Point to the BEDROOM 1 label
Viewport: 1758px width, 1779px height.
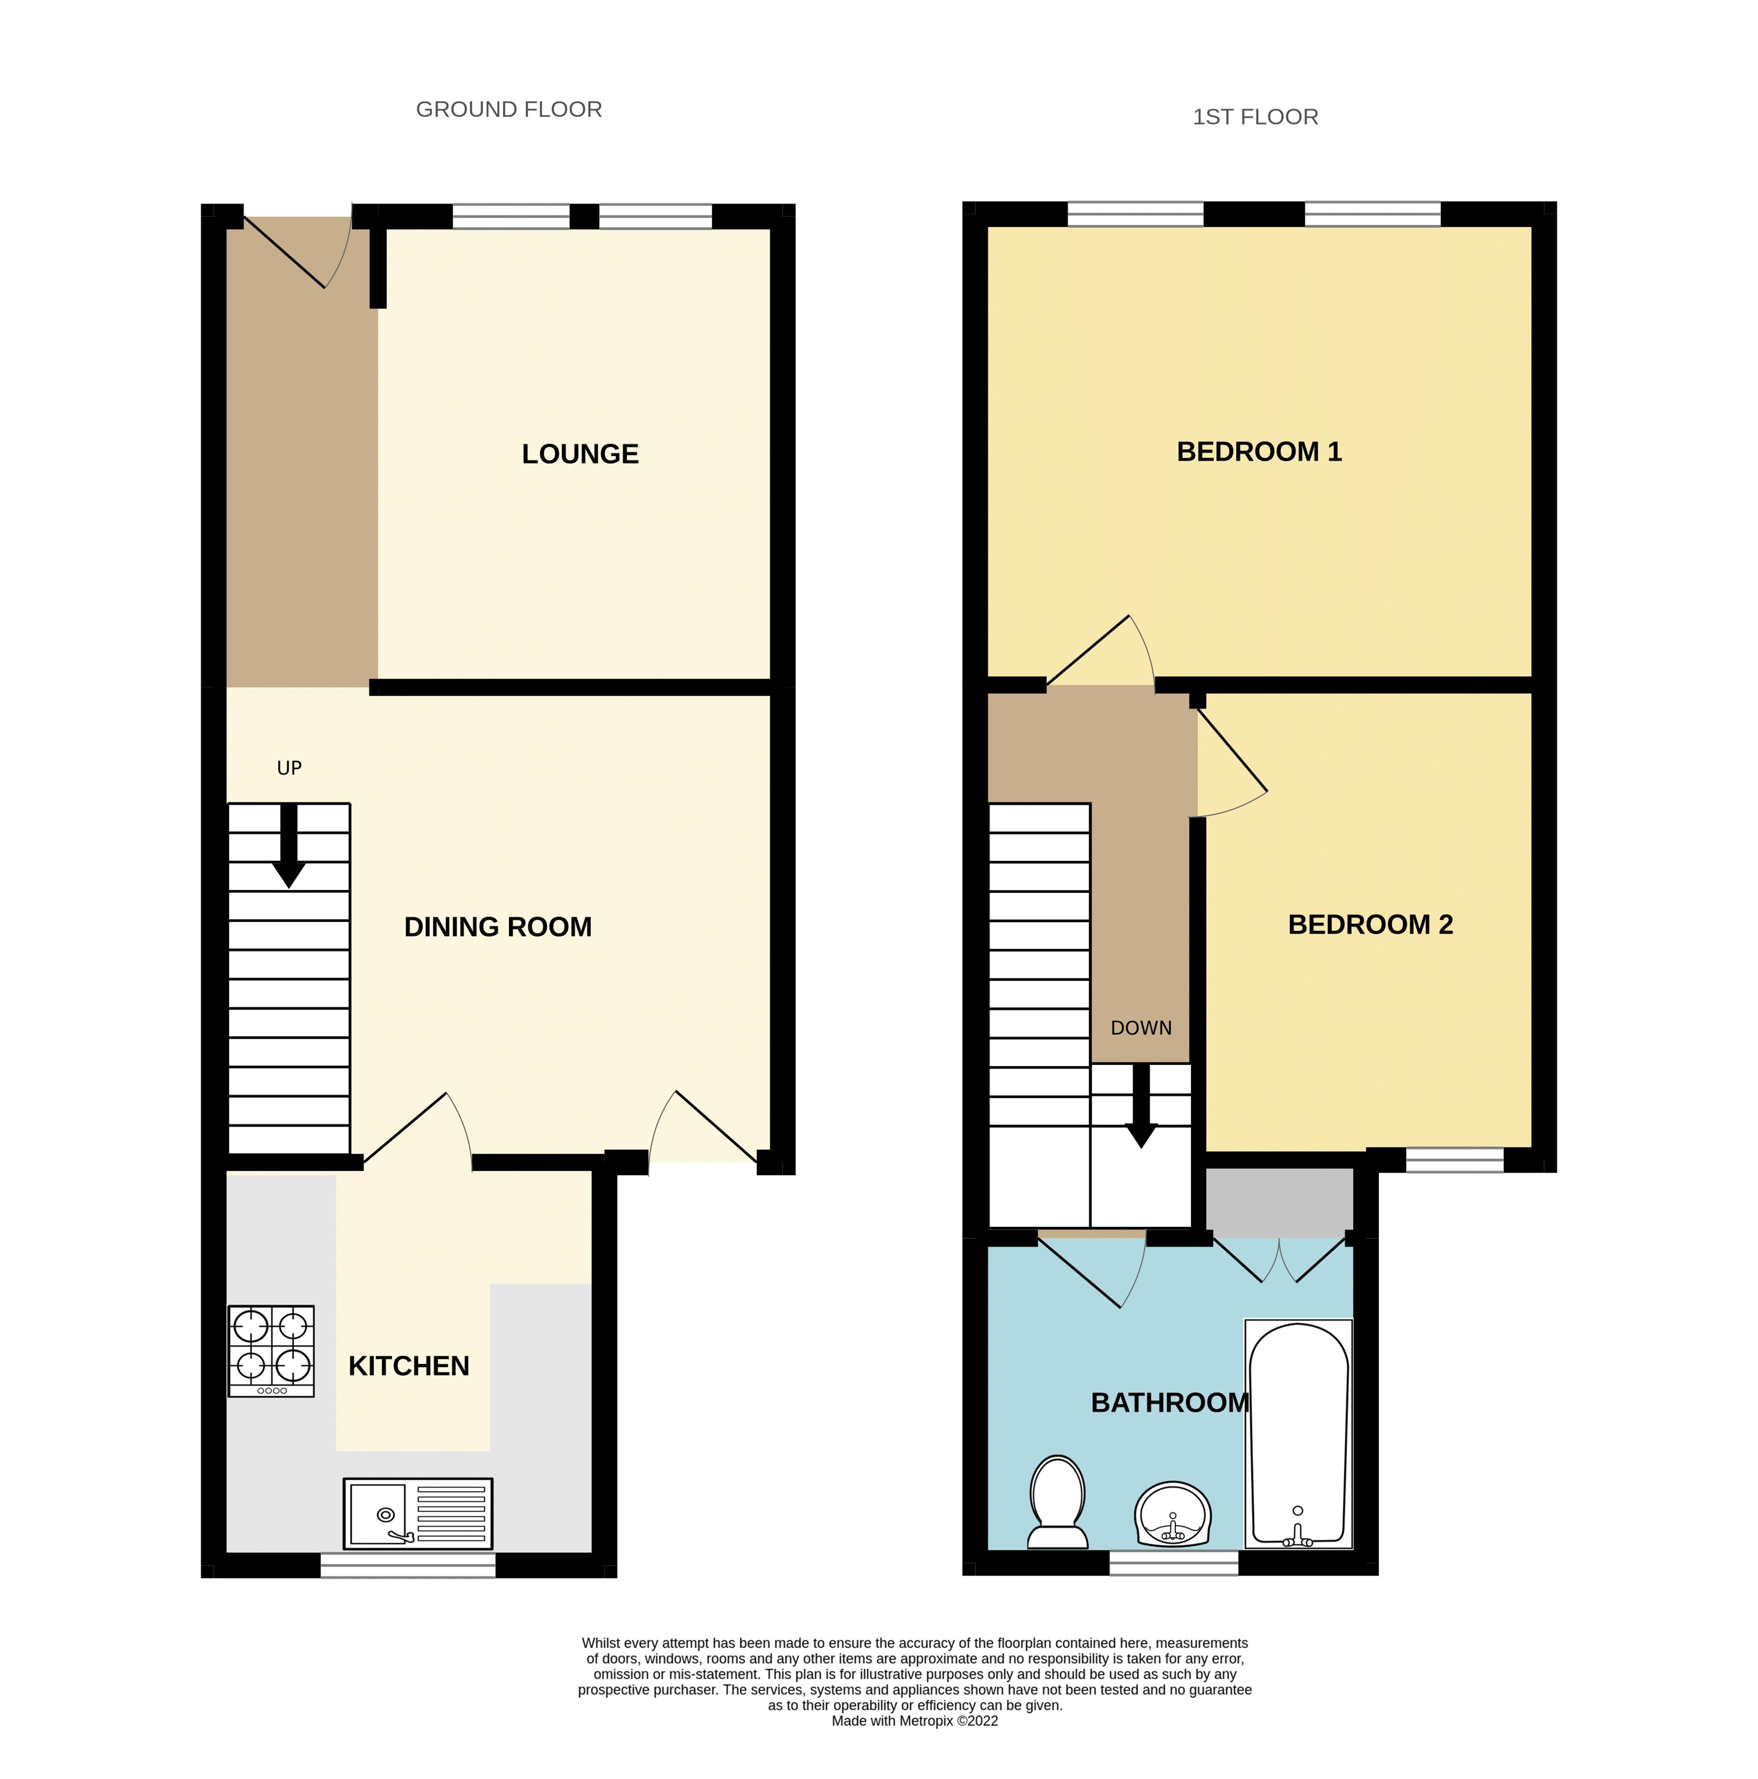click(1259, 451)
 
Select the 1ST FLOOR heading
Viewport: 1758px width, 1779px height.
click(1255, 117)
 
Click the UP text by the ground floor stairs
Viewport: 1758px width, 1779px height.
click(289, 768)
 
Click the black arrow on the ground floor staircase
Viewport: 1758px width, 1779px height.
click(289, 845)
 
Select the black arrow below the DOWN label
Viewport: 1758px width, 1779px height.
click(1141, 1106)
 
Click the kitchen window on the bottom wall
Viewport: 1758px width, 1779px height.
click(408, 1565)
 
